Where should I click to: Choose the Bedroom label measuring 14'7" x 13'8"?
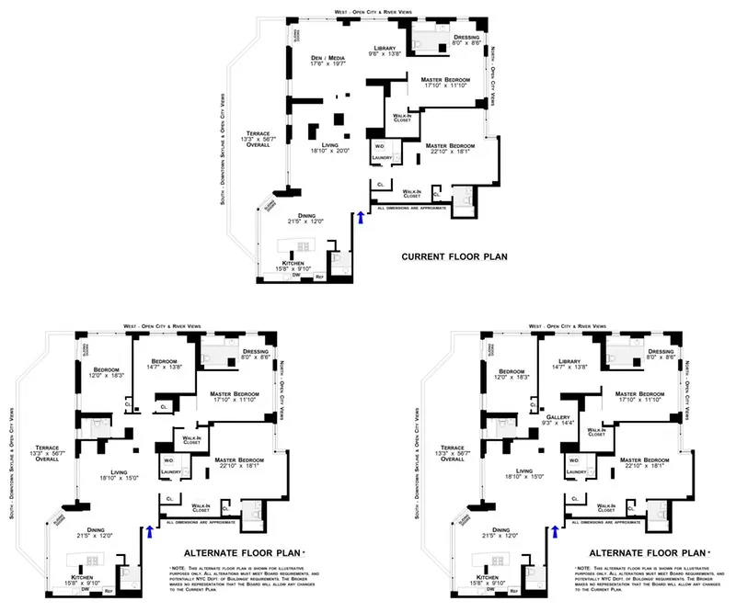(164, 362)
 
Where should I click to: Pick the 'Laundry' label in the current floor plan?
(382, 157)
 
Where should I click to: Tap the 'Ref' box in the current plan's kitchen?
(320, 277)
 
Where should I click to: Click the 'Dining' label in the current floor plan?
(294, 215)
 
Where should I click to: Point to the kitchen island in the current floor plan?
(297, 246)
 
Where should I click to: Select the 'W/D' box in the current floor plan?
(380, 145)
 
